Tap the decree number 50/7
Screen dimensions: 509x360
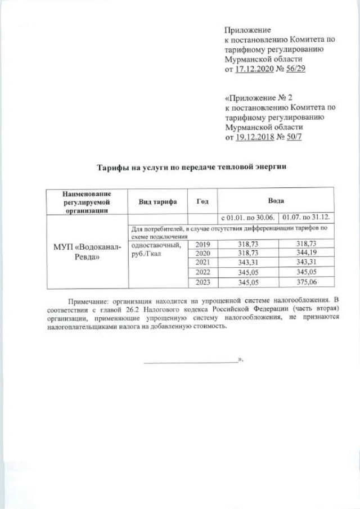coord(294,137)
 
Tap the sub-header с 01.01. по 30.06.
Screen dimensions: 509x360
coord(247,217)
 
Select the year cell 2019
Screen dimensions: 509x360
coord(202,245)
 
